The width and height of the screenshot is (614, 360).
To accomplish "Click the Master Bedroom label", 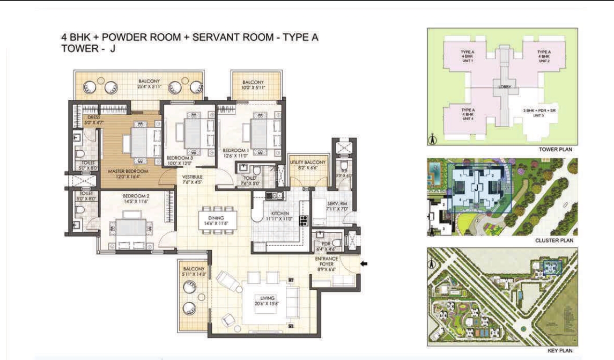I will [x=124, y=171].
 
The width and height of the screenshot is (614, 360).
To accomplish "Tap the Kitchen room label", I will [x=280, y=213].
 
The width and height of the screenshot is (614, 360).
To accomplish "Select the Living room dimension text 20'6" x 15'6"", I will [x=267, y=304].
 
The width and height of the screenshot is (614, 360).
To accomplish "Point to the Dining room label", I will [x=216, y=218].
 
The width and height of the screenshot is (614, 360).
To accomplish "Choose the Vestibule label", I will [x=191, y=176].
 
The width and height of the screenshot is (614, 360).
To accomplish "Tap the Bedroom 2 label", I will [x=136, y=196].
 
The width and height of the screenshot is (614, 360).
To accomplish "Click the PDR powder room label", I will [x=321, y=243].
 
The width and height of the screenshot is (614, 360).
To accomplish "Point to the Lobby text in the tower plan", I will [x=505, y=87].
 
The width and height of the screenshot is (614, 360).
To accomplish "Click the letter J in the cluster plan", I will [x=475, y=188].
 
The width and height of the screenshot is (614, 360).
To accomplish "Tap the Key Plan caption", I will [x=560, y=351].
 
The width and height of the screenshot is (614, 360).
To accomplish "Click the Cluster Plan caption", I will [x=554, y=240].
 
